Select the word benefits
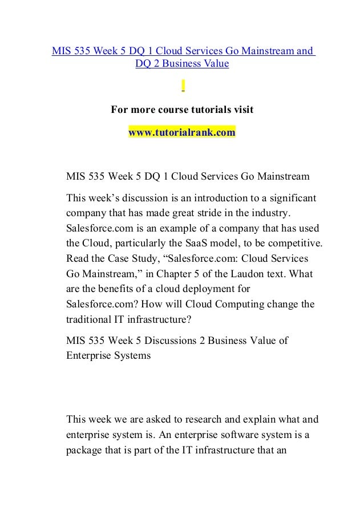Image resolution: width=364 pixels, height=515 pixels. tap(120, 289)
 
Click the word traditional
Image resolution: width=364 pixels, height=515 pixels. tap(90, 320)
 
